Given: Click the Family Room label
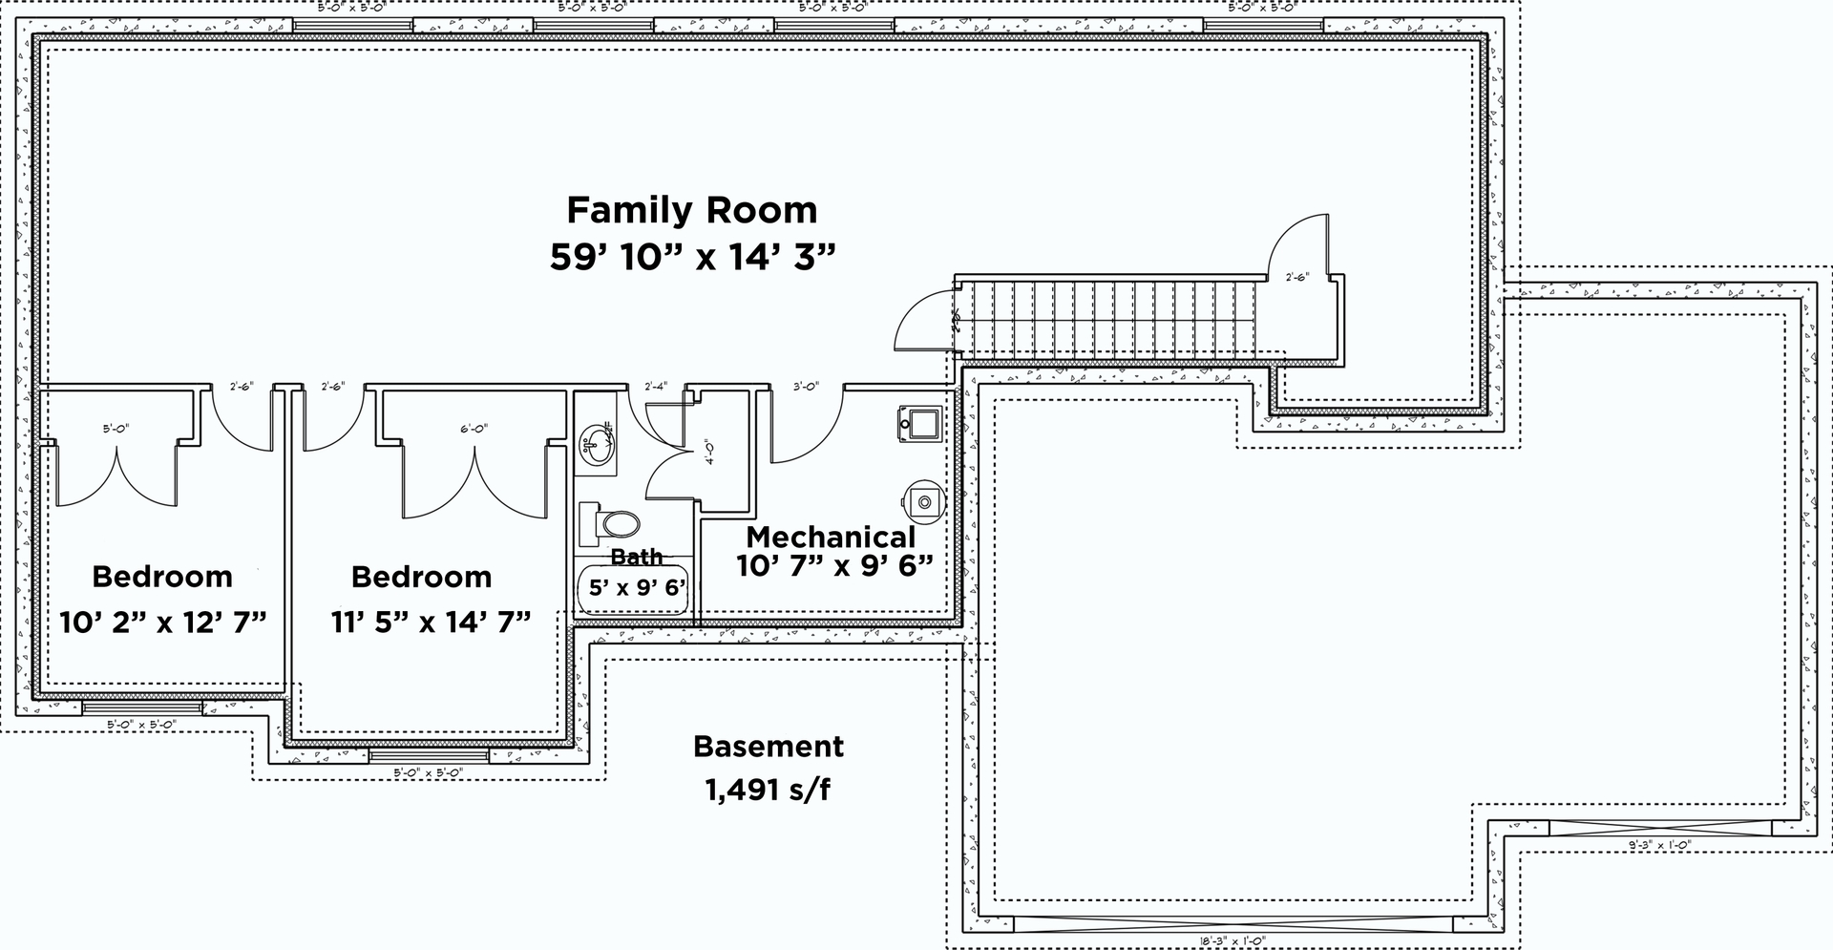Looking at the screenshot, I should [691, 209].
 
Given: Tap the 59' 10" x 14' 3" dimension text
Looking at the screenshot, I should [692, 257].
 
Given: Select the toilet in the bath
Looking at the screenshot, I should [611, 523].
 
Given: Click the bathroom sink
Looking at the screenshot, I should [598, 445].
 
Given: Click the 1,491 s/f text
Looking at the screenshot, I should [769, 790].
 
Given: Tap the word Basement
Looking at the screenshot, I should [769, 746].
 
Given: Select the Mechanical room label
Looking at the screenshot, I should [830, 538].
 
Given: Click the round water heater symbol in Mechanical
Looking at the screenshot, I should [923, 498].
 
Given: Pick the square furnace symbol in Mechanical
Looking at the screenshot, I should [919, 422].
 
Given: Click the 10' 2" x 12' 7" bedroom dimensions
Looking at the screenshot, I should [162, 622].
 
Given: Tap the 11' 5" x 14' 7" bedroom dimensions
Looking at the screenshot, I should [431, 622].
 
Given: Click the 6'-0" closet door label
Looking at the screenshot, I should [474, 429].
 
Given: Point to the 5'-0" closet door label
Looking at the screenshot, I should [116, 429].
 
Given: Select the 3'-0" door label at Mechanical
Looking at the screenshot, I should [807, 387].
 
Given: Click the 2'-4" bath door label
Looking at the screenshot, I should [656, 387].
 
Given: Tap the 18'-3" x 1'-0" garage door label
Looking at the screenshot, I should [1234, 941].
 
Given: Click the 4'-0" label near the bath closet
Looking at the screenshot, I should [708, 451].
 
